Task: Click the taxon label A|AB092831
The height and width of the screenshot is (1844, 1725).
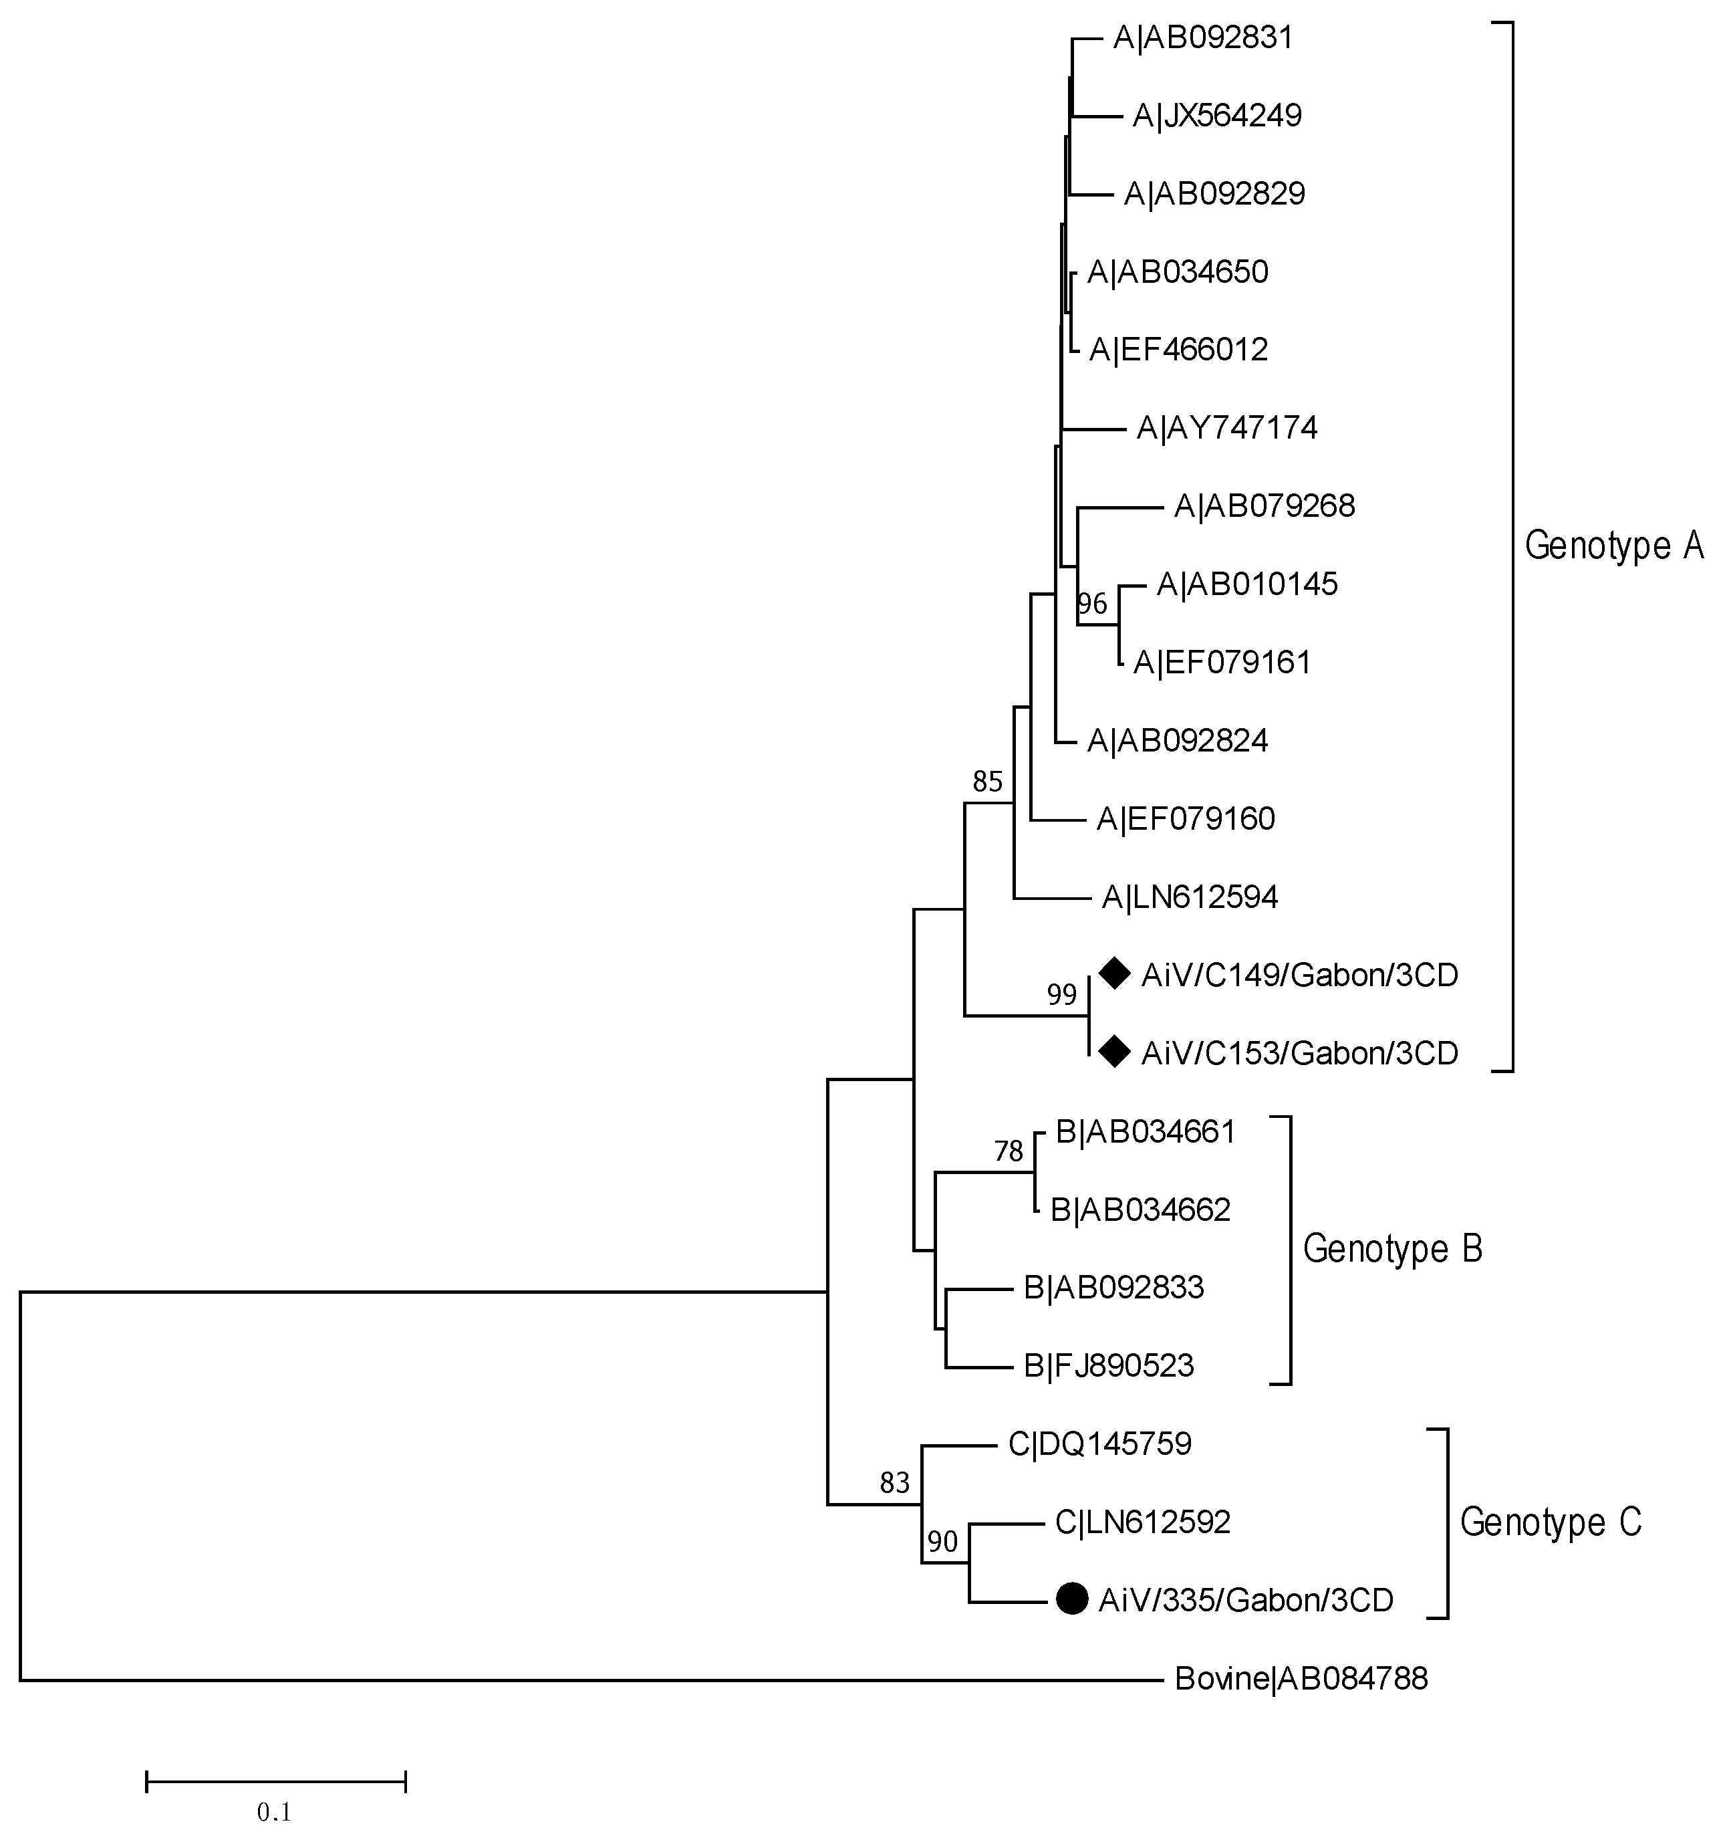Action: click(1203, 38)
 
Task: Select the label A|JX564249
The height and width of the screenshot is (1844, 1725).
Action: click(1217, 116)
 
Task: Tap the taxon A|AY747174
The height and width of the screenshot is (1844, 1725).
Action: click(1227, 428)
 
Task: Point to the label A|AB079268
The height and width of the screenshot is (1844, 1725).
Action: click(1264, 506)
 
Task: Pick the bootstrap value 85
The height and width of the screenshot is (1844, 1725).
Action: click(988, 782)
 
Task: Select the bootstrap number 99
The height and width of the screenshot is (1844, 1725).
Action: click(1062, 996)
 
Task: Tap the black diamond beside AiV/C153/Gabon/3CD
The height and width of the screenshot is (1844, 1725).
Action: click(1114, 1052)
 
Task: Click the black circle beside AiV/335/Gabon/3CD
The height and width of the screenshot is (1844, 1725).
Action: click(1072, 1598)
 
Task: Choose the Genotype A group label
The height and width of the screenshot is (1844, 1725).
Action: click(1613, 546)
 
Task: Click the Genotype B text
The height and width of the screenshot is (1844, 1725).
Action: click(1392, 1248)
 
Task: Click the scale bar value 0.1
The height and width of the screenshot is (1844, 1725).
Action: click(275, 1811)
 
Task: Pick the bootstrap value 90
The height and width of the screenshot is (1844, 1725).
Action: click(942, 1542)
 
